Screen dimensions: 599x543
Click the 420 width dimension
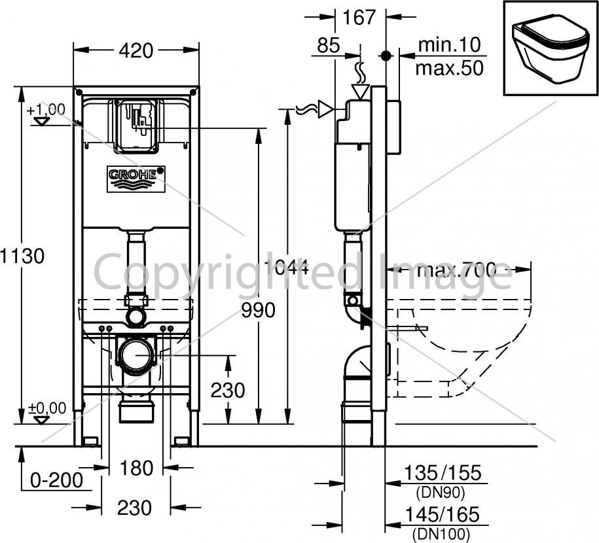(136, 51)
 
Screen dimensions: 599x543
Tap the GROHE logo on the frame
(136, 179)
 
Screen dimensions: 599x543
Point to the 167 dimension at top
(359, 18)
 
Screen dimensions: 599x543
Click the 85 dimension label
(329, 45)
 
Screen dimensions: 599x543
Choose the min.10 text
(449, 44)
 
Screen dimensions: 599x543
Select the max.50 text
(449, 68)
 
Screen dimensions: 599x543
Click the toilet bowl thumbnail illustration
(551, 48)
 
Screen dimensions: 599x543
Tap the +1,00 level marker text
(46, 110)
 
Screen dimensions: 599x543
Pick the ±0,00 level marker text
(47, 408)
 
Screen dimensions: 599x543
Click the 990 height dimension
(258, 311)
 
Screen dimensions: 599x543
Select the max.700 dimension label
(457, 270)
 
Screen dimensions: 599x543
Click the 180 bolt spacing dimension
(136, 468)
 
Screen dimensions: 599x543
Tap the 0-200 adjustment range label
(56, 480)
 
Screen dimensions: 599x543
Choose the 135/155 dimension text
(443, 473)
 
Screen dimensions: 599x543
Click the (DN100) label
(441, 534)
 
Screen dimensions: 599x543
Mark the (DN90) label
(440, 493)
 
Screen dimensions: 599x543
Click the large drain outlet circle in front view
(136, 355)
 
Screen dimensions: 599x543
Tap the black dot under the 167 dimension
(386, 56)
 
